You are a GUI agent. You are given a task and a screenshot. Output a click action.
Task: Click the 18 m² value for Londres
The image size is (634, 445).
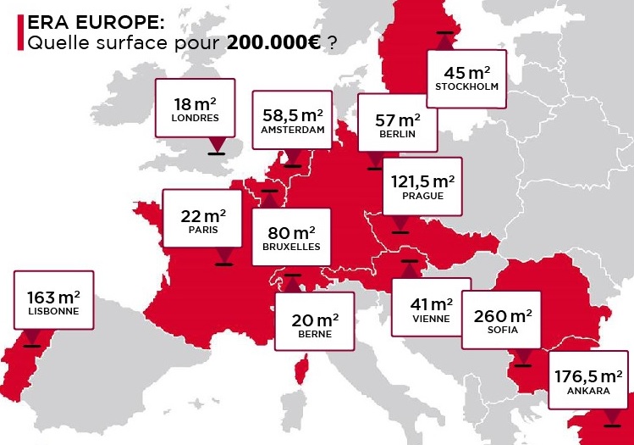[x=195, y=103]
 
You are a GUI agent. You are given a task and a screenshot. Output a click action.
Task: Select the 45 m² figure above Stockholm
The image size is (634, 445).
[x=466, y=72]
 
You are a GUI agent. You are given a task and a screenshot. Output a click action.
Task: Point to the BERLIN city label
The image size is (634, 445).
[x=398, y=135]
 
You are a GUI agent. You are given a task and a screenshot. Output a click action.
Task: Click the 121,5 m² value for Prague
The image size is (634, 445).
[x=422, y=181]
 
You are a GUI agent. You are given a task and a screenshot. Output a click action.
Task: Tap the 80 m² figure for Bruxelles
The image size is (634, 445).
[x=291, y=232]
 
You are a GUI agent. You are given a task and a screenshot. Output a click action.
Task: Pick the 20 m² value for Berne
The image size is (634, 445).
[x=315, y=320]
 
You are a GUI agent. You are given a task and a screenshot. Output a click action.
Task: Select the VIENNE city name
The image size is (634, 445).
[x=432, y=319]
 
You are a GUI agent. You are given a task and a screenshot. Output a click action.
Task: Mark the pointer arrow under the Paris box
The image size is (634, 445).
[x=223, y=255]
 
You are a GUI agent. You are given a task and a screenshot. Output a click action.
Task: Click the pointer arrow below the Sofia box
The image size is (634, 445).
[x=522, y=357]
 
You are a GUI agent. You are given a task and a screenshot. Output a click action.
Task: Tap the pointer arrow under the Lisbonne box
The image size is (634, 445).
[x=32, y=336]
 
